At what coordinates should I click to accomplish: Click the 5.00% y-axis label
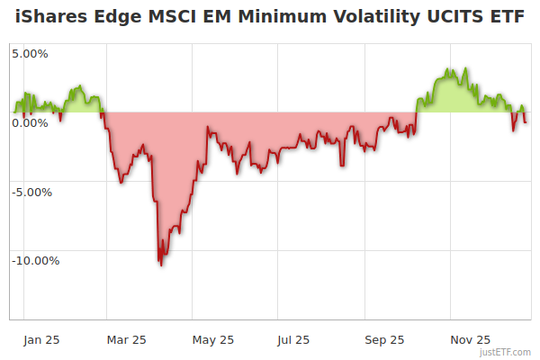pyautogui.click(x=30, y=53)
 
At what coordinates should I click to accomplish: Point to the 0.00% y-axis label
pyautogui.click(x=30, y=122)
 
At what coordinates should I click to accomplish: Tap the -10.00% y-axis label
pyautogui.click(x=35, y=261)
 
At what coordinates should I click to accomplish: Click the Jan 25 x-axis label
pyautogui.click(x=41, y=340)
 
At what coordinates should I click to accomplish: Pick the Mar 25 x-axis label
pyautogui.click(x=127, y=340)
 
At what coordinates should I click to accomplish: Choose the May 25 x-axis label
pyautogui.click(x=213, y=340)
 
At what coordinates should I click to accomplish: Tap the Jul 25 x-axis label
pyautogui.click(x=294, y=340)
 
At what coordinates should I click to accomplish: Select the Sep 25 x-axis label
pyautogui.click(x=385, y=340)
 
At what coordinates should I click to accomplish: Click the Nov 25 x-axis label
pyautogui.click(x=471, y=340)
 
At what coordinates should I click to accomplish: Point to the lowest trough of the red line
pyautogui.click(x=161, y=265)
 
